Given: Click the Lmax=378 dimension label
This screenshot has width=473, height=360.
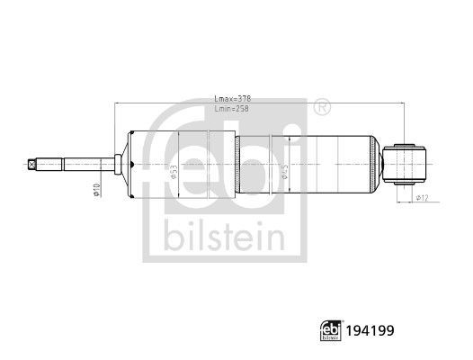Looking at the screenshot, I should pos(233,99).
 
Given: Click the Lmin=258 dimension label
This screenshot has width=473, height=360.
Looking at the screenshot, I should pos(233,108).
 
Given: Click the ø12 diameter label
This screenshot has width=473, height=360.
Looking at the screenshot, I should pos(421,197).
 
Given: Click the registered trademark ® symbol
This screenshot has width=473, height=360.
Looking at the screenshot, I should pos(321,109).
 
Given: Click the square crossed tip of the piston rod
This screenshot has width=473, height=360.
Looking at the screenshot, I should pos(33,164).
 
